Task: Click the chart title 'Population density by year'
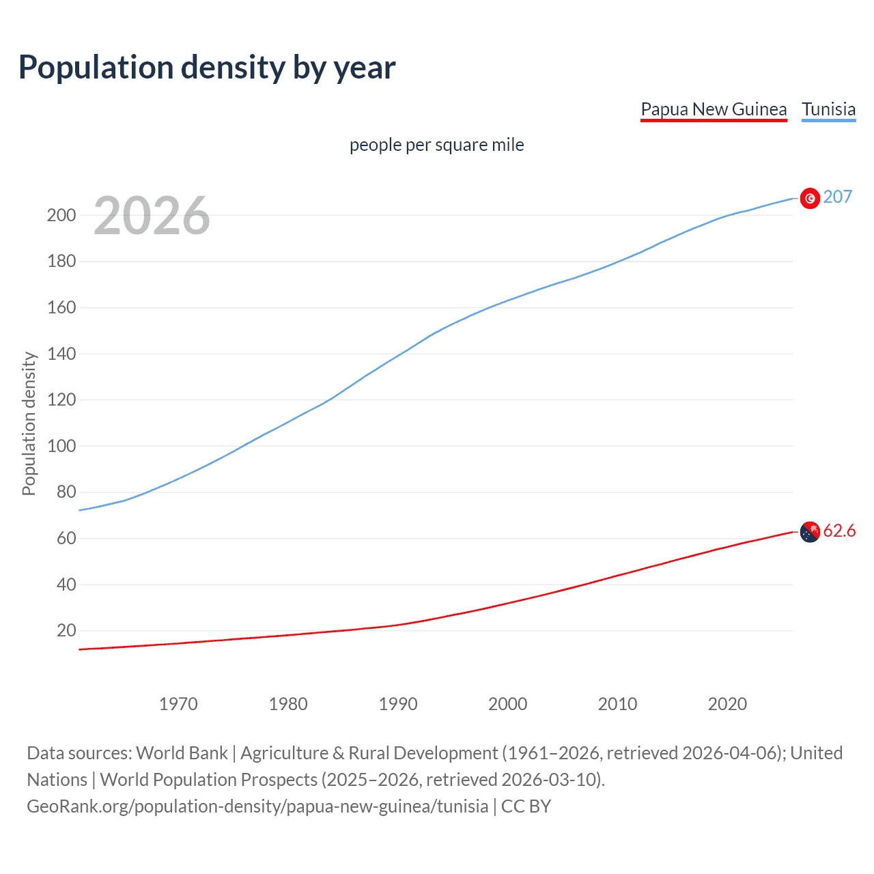click(x=207, y=68)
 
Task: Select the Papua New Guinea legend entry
click(x=714, y=109)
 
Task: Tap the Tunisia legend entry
click(x=828, y=109)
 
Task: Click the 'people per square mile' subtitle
click(x=437, y=145)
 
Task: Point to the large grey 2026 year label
click(x=152, y=216)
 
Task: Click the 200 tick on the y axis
click(x=61, y=215)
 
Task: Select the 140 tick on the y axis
click(x=61, y=354)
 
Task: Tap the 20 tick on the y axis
click(x=66, y=630)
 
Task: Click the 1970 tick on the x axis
click(x=178, y=704)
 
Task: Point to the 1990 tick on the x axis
click(x=398, y=704)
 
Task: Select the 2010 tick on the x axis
click(x=617, y=704)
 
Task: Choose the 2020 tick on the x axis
click(x=727, y=704)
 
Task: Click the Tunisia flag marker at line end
click(x=810, y=198)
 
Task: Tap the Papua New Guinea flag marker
click(x=810, y=532)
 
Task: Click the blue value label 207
click(x=838, y=197)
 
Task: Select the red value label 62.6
click(x=839, y=531)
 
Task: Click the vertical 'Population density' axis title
click(x=29, y=423)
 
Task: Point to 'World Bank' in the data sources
click(x=182, y=753)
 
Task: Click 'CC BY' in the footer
click(x=526, y=806)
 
